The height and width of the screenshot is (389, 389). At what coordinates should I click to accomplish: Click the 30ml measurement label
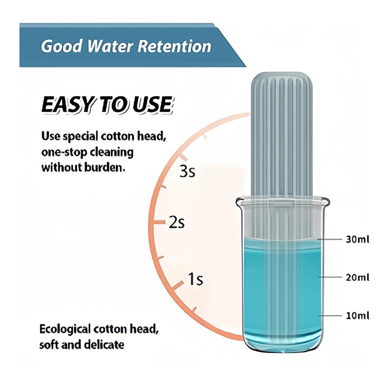point(357,239)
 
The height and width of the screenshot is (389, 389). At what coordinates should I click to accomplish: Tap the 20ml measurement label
point(357,277)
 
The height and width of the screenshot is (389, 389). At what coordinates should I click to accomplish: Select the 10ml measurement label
point(357,315)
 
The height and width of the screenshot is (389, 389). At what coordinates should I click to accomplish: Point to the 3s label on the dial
point(187,172)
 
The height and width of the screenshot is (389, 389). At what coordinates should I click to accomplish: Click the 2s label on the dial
point(177,222)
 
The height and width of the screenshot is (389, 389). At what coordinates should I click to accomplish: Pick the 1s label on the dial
point(196,279)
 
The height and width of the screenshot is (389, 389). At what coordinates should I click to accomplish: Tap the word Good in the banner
point(61,46)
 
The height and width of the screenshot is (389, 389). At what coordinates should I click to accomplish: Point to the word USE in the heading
point(152,105)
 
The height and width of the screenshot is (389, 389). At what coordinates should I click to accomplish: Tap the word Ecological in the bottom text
point(65,329)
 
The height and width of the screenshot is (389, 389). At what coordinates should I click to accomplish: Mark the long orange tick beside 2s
point(159,222)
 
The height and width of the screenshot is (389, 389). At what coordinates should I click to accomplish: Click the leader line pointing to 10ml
point(329,315)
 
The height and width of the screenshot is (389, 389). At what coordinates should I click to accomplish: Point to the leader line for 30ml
point(329,239)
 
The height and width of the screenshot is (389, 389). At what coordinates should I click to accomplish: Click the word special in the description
point(81,137)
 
